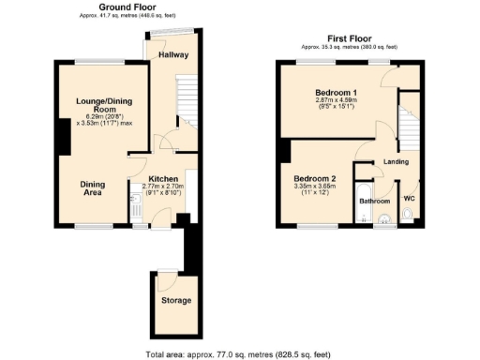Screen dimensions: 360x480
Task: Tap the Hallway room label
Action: pyautogui.click(x=173, y=55)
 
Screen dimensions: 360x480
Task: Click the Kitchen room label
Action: pyautogui.click(x=163, y=178)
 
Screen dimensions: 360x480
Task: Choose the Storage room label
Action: pyautogui.click(x=175, y=300)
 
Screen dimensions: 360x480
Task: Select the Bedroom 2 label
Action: pyautogui.click(x=314, y=178)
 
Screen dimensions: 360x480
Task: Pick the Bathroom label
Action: pyautogui.click(x=375, y=201)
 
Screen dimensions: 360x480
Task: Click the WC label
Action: pyautogui.click(x=409, y=198)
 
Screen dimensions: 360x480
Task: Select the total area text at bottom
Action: pyautogui.click(x=238, y=353)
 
